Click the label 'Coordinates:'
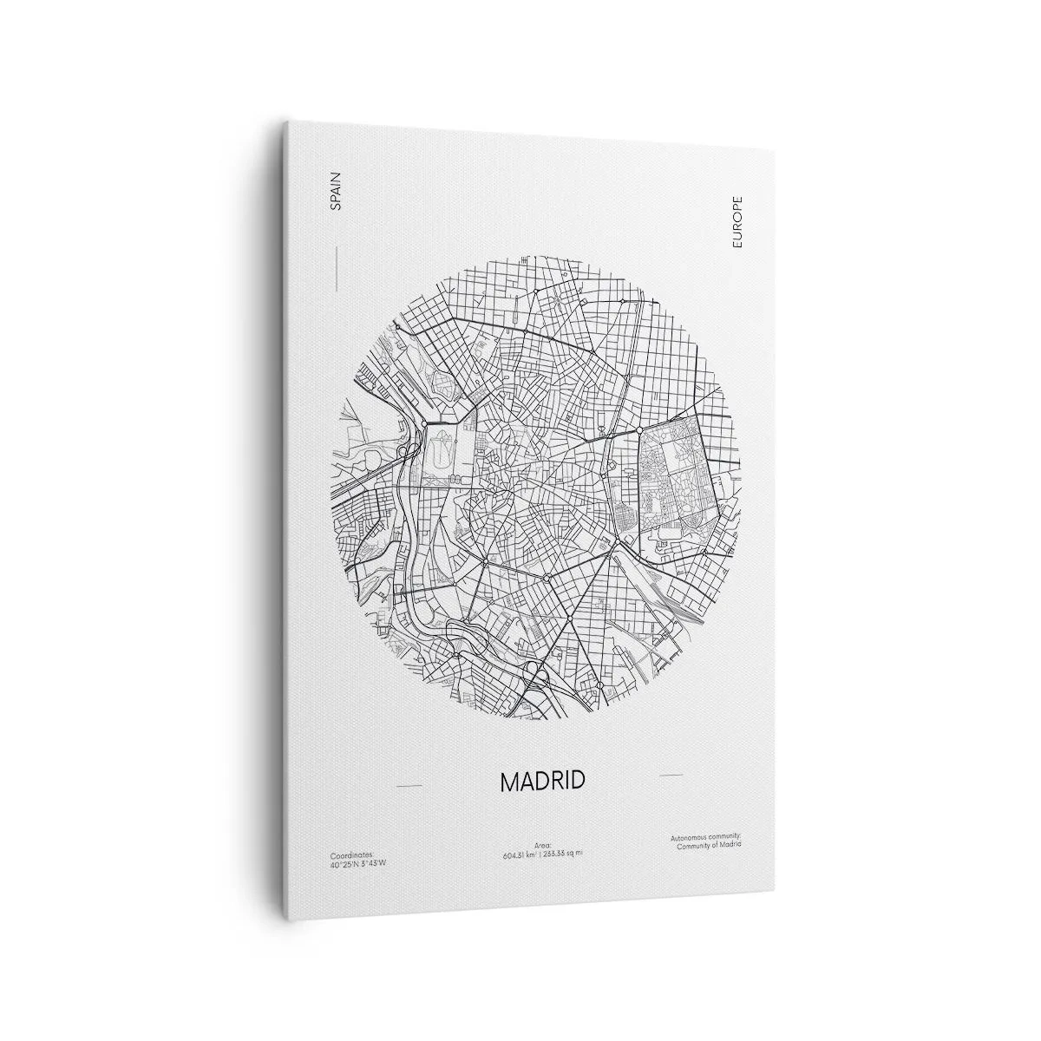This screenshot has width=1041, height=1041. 343,854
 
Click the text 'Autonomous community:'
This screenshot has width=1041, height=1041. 705,837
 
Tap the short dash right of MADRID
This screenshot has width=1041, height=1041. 671,774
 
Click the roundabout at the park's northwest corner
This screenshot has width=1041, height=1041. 639,429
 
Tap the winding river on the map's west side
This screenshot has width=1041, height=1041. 408,555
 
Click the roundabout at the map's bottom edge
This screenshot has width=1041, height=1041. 599,685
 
